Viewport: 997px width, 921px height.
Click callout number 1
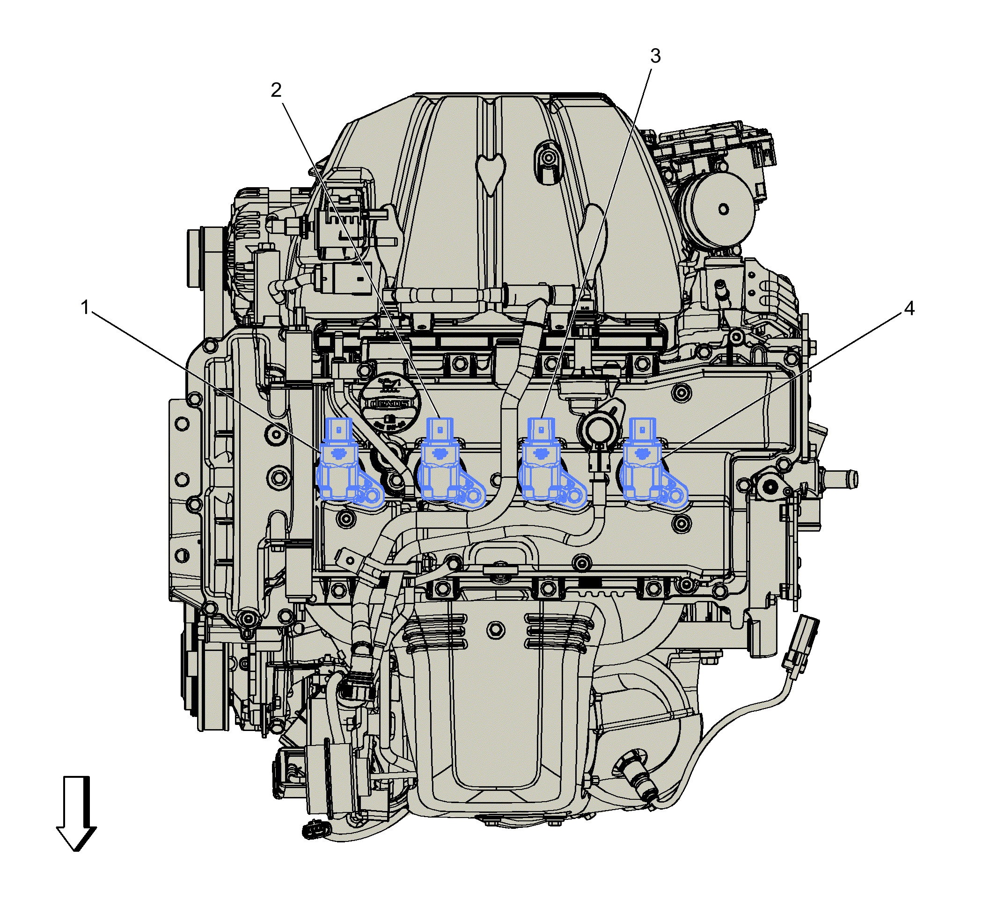(85, 308)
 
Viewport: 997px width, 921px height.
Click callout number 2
(276, 90)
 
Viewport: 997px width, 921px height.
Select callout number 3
(655, 56)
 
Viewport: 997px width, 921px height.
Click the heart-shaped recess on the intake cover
(491, 172)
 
